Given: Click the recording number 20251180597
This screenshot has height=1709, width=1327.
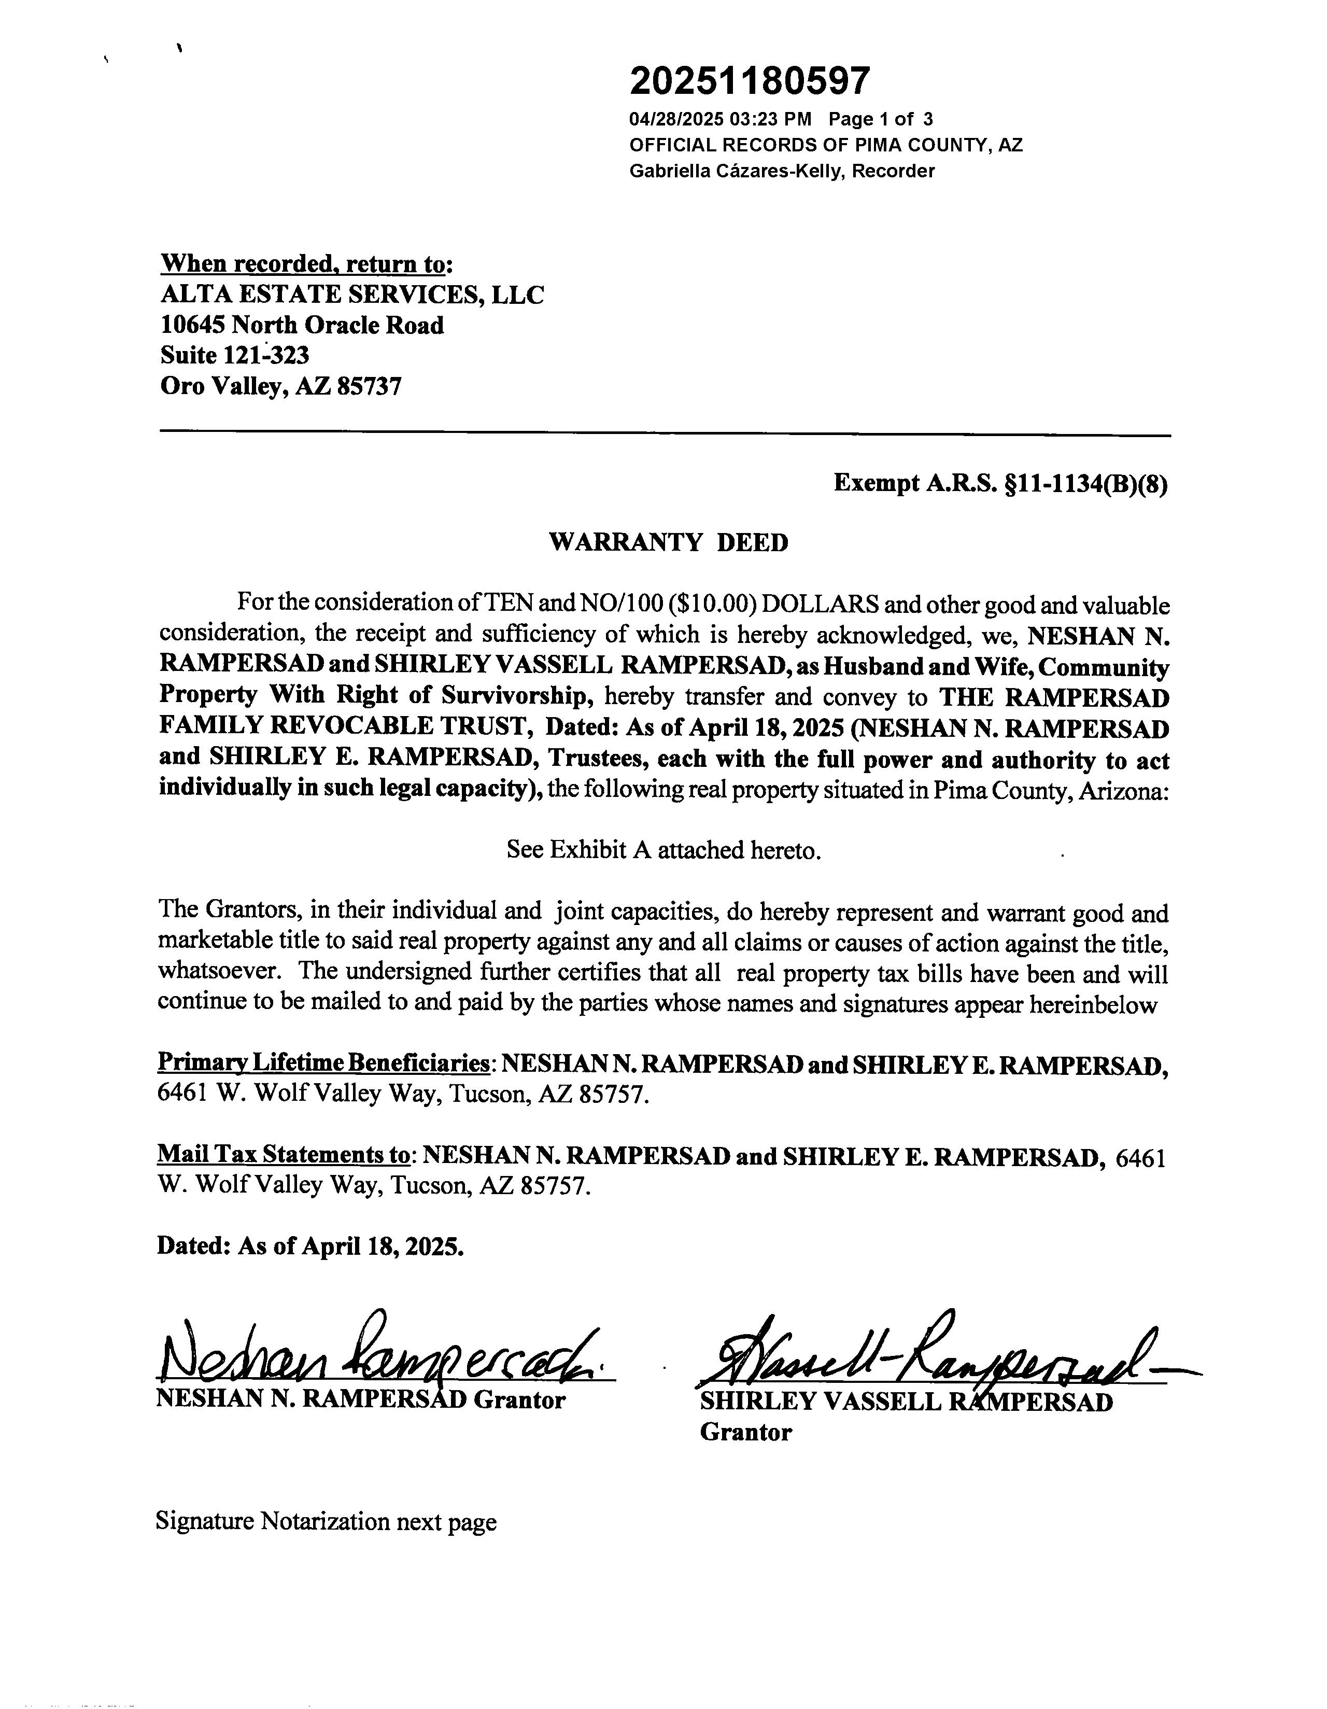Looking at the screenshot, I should coord(749,80).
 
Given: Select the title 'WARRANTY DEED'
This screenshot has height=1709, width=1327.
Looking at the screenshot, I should coord(669,542).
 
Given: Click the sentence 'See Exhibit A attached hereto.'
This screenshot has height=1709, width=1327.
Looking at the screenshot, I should coord(663,850).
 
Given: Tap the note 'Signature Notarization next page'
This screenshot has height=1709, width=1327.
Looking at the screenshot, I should coord(326,1521).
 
